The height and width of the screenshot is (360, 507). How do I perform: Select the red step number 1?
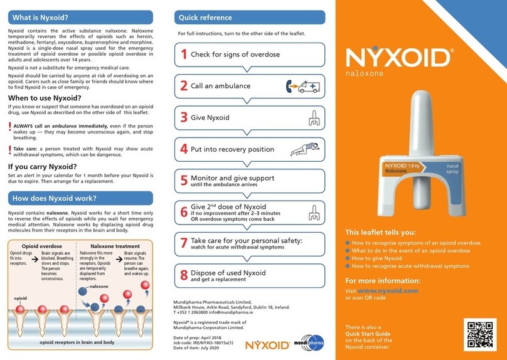(x=184, y=54)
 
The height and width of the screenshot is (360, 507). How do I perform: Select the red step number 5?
(x=184, y=181)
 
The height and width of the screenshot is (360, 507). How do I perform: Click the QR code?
(x=480, y=334)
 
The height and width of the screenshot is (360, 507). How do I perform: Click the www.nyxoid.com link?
(x=388, y=291)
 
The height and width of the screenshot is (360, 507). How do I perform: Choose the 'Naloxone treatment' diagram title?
(x=115, y=246)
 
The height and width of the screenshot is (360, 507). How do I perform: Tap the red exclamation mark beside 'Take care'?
(x=9, y=149)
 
